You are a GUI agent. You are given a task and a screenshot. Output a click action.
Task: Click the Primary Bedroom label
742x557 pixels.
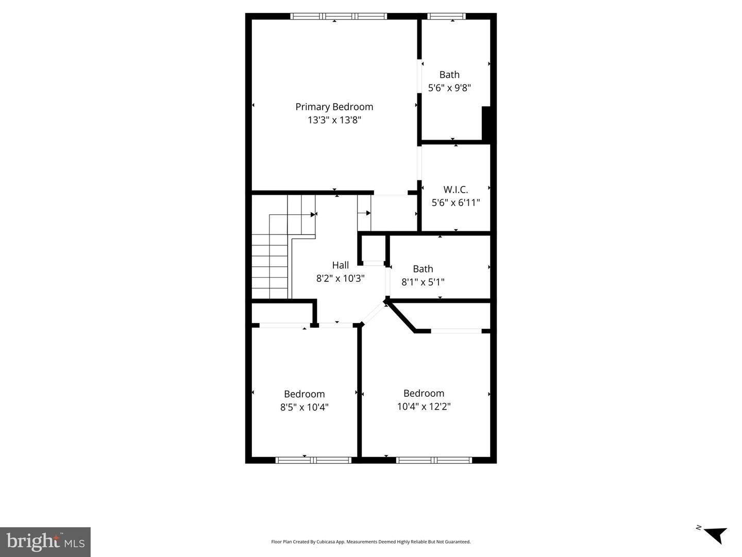(x=334, y=107)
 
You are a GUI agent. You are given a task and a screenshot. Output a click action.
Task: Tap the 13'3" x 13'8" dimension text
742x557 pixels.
(x=334, y=120)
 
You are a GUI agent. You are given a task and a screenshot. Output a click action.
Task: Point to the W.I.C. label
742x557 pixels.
(x=456, y=189)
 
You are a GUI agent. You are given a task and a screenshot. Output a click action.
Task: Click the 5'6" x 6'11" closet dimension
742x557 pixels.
(x=456, y=202)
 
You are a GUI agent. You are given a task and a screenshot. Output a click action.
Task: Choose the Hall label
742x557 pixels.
(x=340, y=265)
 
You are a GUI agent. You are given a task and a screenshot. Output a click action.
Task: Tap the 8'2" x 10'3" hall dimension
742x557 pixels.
(x=340, y=278)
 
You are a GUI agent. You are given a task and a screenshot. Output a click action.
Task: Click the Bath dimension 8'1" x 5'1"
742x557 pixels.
(x=423, y=282)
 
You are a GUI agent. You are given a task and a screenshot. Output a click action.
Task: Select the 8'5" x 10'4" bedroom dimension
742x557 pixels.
(x=304, y=407)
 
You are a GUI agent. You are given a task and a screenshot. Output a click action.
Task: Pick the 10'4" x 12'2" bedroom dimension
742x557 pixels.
(x=424, y=406)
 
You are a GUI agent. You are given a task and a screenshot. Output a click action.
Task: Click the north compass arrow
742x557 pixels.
(x=714, y=534)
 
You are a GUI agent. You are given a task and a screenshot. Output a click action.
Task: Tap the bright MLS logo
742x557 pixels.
(x=45, y=542)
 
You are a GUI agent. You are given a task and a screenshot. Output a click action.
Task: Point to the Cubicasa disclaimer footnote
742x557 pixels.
(x=370, y=542)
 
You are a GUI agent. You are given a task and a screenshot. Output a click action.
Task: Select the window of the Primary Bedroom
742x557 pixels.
(x=339, y=16)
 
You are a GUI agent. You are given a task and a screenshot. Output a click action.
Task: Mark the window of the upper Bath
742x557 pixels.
(x=447, y=16)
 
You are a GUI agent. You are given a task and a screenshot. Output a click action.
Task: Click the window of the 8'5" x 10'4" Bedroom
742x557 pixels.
(x=313, y=460)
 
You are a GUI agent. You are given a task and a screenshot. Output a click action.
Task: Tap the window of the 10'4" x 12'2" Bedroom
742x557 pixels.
(x=434, y=460)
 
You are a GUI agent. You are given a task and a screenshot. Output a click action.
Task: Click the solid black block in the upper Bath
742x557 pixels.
(x=486, y=123)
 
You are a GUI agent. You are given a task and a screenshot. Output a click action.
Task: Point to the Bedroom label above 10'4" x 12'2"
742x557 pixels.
(x=424, y=393)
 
